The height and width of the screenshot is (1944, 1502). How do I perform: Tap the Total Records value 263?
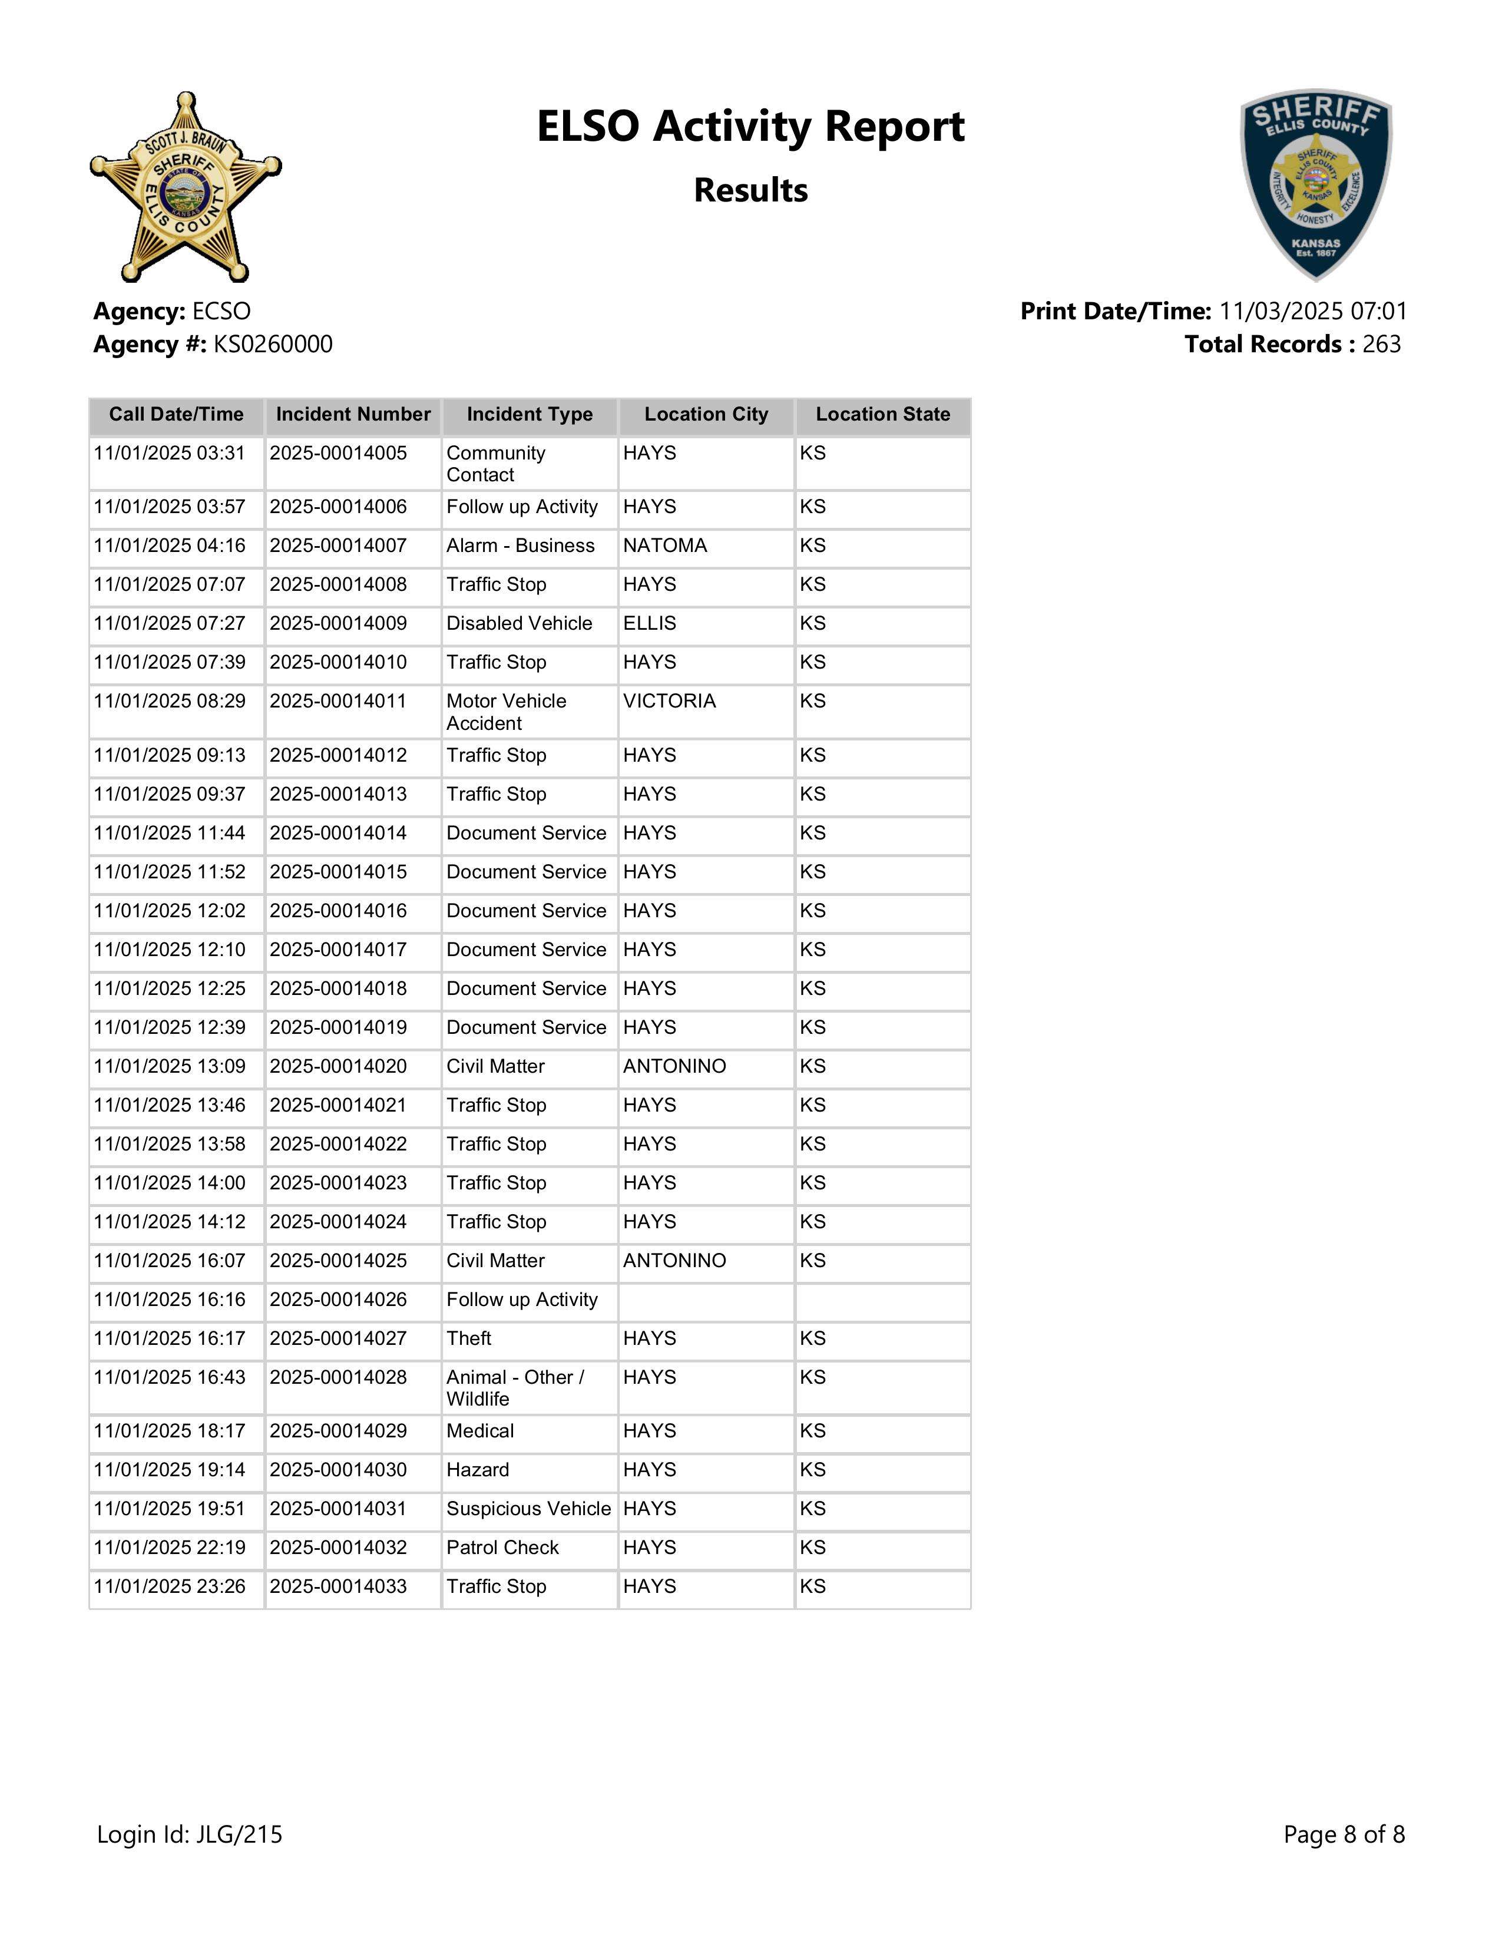pos(1381,345)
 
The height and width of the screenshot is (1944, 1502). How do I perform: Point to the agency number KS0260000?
pos(273,345)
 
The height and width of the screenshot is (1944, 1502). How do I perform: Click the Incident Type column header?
pos(530,415)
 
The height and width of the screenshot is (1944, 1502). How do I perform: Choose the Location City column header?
pos(706,415)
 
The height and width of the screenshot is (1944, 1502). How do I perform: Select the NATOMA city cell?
pos(664,545)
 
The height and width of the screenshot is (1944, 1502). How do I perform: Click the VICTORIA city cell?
pos(669,702)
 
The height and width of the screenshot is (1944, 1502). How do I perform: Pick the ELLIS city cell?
pos(650,623)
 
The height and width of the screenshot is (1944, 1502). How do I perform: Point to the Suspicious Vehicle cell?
pos(528,1508)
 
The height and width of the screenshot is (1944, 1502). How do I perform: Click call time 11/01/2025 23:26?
pos(169,1586)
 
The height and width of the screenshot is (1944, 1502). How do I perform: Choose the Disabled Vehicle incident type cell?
pos(519,623)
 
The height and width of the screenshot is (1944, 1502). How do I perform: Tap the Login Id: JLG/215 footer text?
pos(190,1834)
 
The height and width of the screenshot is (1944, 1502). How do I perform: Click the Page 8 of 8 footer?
pos(1344,1834)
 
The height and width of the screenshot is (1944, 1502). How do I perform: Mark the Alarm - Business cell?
pos(520,545)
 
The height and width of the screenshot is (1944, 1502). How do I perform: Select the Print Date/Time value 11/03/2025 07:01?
pos(1312,312)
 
